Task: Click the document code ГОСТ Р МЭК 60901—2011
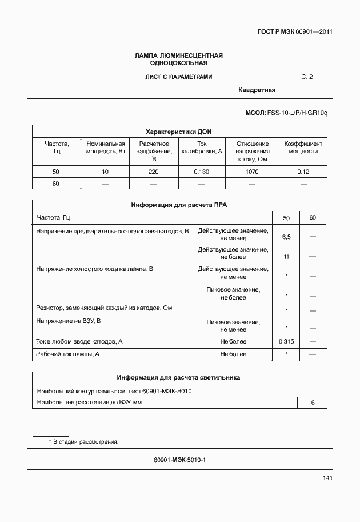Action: point(295,31)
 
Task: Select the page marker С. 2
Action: point(307,77)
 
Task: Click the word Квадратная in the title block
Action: point(257,90)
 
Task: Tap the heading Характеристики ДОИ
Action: point(179,131)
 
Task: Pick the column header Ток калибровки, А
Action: point(201,148)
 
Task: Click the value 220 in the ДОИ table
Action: point(154,172)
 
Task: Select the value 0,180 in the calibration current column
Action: point(201,172)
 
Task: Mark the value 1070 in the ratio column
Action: point(253,172)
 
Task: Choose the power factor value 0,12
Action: point(303,172)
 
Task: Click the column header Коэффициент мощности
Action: point(303,148)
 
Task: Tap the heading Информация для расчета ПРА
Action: point(179,205)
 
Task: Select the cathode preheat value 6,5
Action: point(286,236)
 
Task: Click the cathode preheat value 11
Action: point(286,257)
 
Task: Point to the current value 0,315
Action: point(286,341)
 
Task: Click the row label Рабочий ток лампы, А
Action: point(68,354)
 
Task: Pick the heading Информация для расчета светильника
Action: point(179,378)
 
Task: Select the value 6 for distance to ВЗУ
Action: point(313,403)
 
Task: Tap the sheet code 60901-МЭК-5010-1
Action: point(179,460)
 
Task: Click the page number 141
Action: point(327,478)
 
